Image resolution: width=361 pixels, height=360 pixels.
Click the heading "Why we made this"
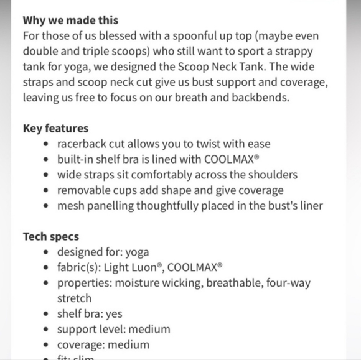[x=70, y=21]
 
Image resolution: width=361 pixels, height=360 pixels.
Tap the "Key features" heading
[x=56, y=129]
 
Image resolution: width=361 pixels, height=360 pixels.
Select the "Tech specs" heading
[x=51, y=237]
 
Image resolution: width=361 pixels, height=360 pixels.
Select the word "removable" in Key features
[x=84, y=190]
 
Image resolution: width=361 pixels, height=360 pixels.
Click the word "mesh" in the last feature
[x=71, y=206]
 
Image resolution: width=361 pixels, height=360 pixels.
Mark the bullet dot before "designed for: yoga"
[x=48, y=252]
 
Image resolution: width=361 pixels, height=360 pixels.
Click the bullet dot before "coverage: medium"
[x=48, y=344]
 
